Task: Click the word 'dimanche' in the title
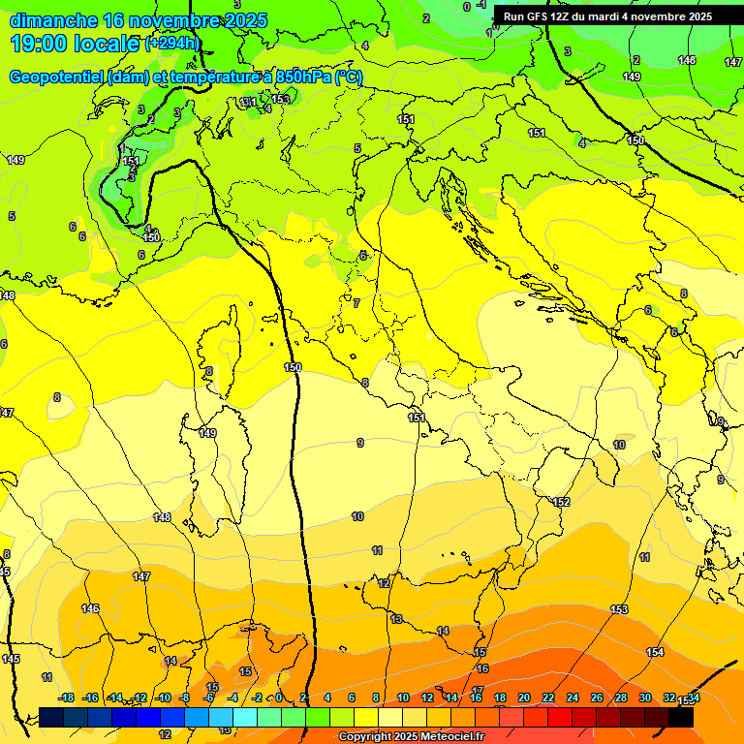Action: (53, 20)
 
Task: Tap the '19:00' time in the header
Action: (39, 44)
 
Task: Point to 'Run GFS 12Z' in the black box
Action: (536, 16)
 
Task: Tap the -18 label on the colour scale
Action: (66, 698)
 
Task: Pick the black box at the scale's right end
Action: (681, 718)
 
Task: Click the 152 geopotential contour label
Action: (561, 502)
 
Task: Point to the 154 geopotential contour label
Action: (656, 653)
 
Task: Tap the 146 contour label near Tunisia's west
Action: (90, 608)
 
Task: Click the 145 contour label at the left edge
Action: (10, 659)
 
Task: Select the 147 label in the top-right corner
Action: (733, 62)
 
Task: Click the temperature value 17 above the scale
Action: (477, 691)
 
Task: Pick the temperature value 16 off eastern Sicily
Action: (482, 669)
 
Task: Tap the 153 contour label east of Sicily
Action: (620, 609)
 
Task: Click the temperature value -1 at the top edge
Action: (480, 5)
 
